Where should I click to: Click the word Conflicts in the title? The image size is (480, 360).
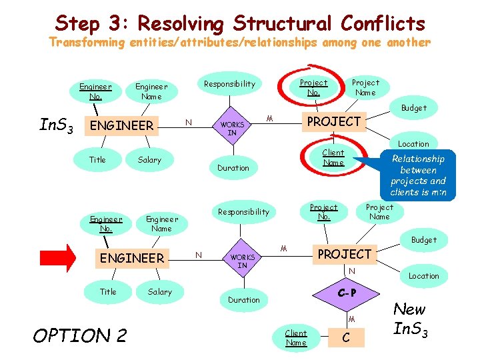382,23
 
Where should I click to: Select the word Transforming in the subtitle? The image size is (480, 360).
87,43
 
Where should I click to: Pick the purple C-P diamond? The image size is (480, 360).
346,293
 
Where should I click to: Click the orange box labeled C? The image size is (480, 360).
345,337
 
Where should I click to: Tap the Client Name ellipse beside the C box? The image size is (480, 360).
296,337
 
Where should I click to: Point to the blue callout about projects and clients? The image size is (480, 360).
418,175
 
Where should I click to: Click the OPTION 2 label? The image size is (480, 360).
79,335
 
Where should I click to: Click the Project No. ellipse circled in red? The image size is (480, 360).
313,87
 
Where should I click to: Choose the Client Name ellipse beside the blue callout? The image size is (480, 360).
333,157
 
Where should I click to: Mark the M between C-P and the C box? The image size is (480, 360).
351,319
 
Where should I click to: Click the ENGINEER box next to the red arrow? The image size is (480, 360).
131,258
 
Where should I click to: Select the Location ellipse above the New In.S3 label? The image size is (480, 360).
424,275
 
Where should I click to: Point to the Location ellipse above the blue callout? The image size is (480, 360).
413,143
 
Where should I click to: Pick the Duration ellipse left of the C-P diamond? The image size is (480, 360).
244,300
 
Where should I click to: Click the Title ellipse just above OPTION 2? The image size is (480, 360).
108,291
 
